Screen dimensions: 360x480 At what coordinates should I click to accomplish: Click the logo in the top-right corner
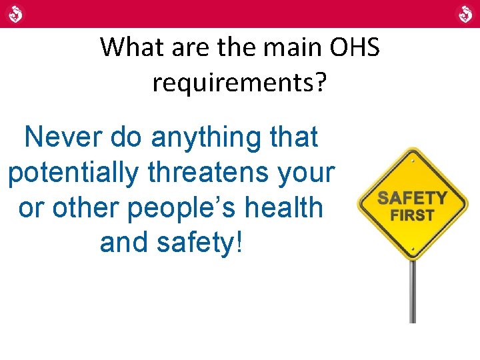464,13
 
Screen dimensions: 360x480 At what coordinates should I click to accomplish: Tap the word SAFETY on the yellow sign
413,199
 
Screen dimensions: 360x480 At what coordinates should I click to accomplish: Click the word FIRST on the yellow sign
413,215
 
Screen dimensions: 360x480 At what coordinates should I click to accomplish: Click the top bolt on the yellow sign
413,160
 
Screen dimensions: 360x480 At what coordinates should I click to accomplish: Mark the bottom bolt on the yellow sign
413,253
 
